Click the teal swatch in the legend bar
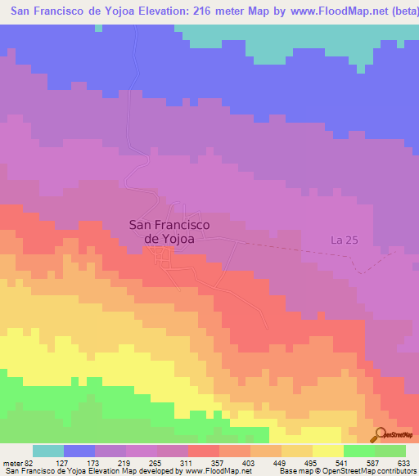click(48, 451)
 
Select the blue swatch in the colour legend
click(79, 451)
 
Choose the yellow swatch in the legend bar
click(328, 451)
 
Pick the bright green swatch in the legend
click(359, 451)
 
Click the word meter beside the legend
click(14, 464)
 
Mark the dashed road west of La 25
click(286, 245)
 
